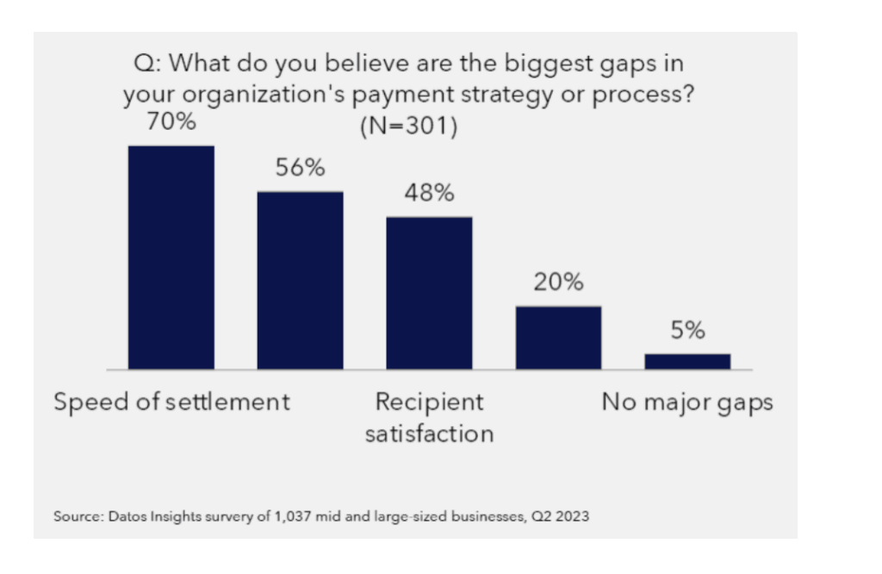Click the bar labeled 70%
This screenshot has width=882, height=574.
point(171,257)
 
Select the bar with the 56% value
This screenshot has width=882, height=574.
point(300,281)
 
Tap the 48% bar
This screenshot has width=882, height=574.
point(429,293)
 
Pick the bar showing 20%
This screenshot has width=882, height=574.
point(558,337)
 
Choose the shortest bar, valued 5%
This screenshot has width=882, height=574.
point(687,361)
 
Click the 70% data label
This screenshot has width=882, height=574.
point(171,122)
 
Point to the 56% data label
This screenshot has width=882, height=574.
point(300,169)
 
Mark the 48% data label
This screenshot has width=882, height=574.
point(429,194)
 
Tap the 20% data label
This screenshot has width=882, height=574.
point(558,282)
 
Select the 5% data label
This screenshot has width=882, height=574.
point(687,330)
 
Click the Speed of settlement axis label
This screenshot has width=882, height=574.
point(172,402)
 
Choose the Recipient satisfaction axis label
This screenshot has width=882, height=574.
point(429,417)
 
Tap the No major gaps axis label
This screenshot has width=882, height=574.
point(686,402)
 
